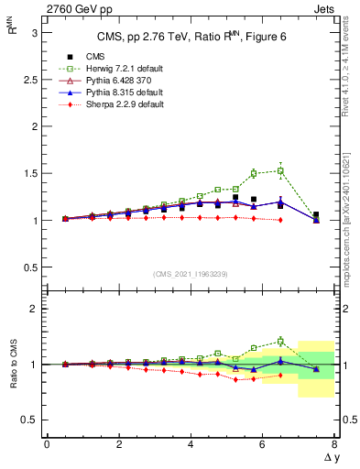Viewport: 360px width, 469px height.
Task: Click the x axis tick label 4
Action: (x=191, y=444)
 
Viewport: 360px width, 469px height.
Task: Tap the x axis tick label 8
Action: (x=334, y=444)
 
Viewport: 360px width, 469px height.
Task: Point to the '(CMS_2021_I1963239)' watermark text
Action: (x=190, y=274)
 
